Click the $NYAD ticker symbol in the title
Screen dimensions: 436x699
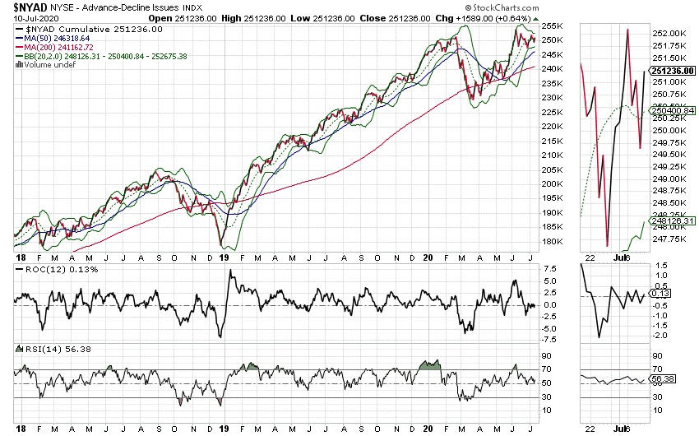pyautogui.click(x=27, y=7)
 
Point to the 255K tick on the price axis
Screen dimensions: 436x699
pyautogui.click(x=550, y=26)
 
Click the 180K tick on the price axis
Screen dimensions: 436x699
pyautogui.click(x=550, y=241)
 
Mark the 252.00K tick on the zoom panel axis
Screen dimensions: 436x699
pyautogui.click(x=667, y=33)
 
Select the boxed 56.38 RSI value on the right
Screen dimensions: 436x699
pyautogui.click(x=662, y=379)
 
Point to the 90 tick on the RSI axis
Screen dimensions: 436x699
pyautogui.click(x=545, y=355)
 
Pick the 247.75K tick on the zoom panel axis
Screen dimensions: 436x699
pyautogui.click(x=667, y=239)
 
